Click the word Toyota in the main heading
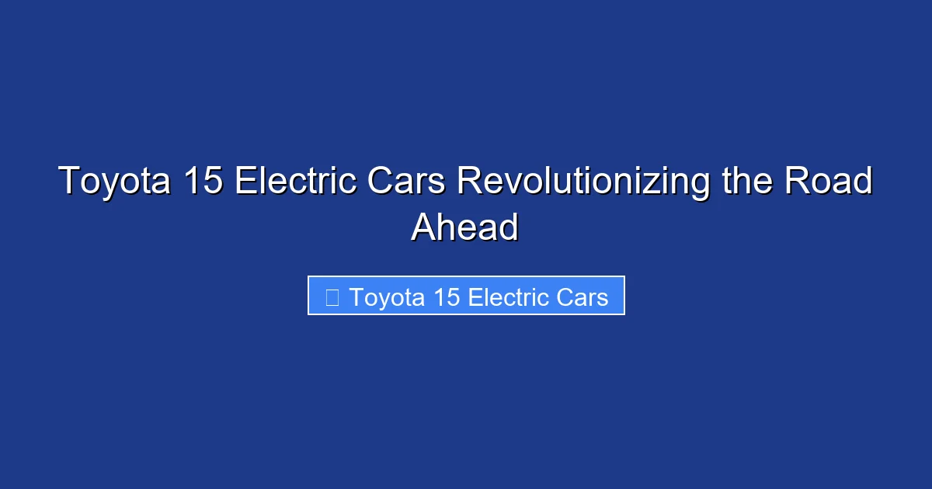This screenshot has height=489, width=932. click(x=114, y=182)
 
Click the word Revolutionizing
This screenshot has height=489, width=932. click(x=582, y=182)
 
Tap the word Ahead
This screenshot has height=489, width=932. click(x=464, y=227)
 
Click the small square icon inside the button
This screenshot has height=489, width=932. click(x=332, y=297)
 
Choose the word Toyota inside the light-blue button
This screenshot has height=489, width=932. click(x=385, y=297)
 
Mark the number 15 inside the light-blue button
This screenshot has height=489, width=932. click(x=445, y=297)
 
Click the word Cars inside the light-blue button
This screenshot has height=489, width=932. click(x=580, y=297)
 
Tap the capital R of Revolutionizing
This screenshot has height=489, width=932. click(x=468, y=182)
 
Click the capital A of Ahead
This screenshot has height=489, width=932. click(x=424, y=227)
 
